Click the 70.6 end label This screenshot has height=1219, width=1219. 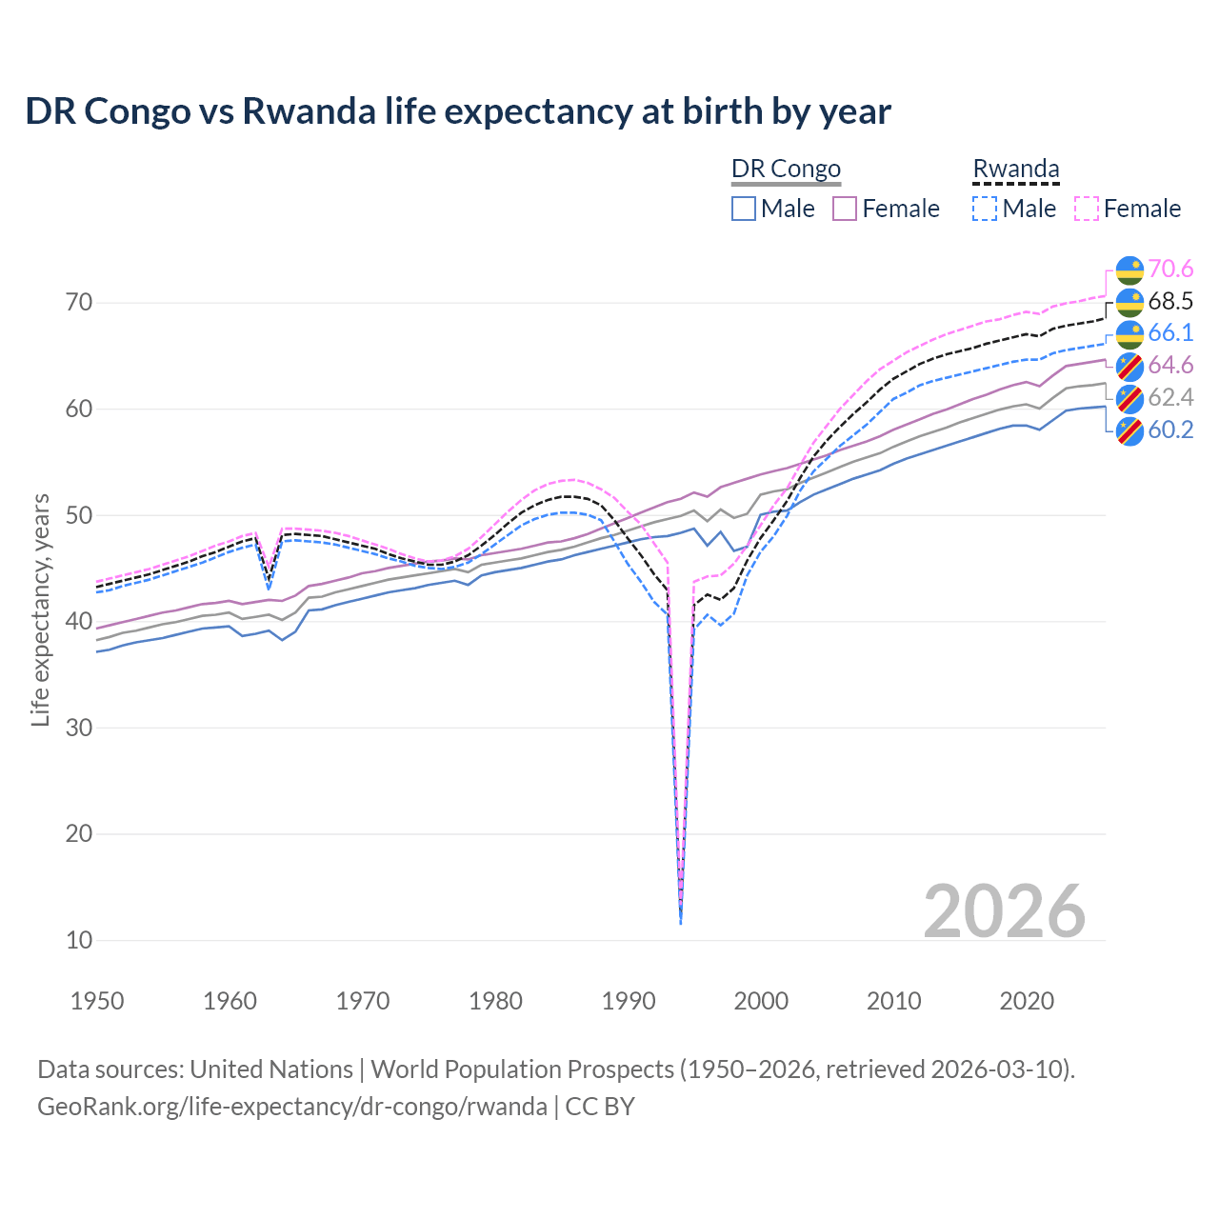1170,270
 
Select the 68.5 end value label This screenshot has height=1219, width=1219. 1170,302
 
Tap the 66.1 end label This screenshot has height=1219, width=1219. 1170,333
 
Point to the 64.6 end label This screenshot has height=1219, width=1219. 1170,366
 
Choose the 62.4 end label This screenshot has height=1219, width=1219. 1170,397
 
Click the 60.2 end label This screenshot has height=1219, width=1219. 1170,430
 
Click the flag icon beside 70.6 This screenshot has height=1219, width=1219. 1129,270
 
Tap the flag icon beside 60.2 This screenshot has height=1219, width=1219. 1129,430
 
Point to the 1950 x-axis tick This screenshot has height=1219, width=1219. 98,1001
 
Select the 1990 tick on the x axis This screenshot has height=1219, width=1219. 629,1001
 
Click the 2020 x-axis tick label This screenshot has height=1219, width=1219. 1027,1001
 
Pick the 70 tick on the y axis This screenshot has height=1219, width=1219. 79,303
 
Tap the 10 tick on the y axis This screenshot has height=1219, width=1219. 79,940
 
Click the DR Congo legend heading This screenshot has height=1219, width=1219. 786,169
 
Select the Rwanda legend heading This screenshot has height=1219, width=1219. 1016,169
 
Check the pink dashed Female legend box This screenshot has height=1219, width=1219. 1087,209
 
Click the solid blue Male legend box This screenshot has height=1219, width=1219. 744,209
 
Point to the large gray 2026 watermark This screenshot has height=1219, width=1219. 1005,911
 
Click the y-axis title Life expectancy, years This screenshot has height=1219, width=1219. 40,609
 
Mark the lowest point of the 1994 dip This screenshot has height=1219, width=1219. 681,923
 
